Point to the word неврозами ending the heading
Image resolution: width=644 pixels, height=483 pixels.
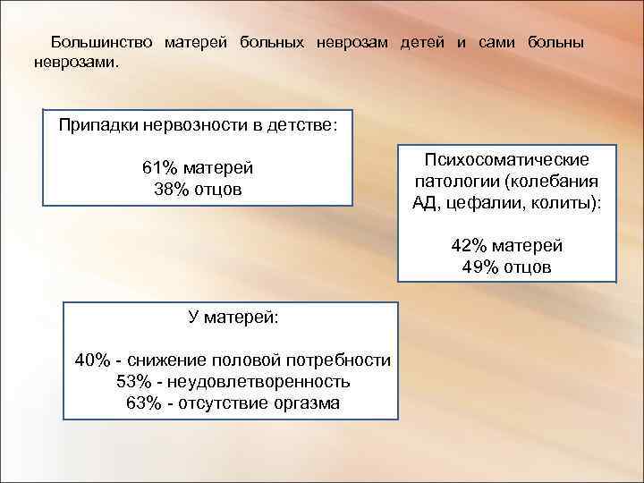(75, 64)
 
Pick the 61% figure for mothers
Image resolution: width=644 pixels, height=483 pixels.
(160, 168)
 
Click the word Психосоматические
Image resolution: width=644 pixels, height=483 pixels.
(506, 160)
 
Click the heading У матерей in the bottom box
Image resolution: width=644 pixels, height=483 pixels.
(232, 318)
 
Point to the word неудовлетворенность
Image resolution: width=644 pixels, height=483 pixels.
(258, 382)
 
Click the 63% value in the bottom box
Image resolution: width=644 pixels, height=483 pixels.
(145, 402)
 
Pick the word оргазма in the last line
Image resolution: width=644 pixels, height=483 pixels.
(307, 402)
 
